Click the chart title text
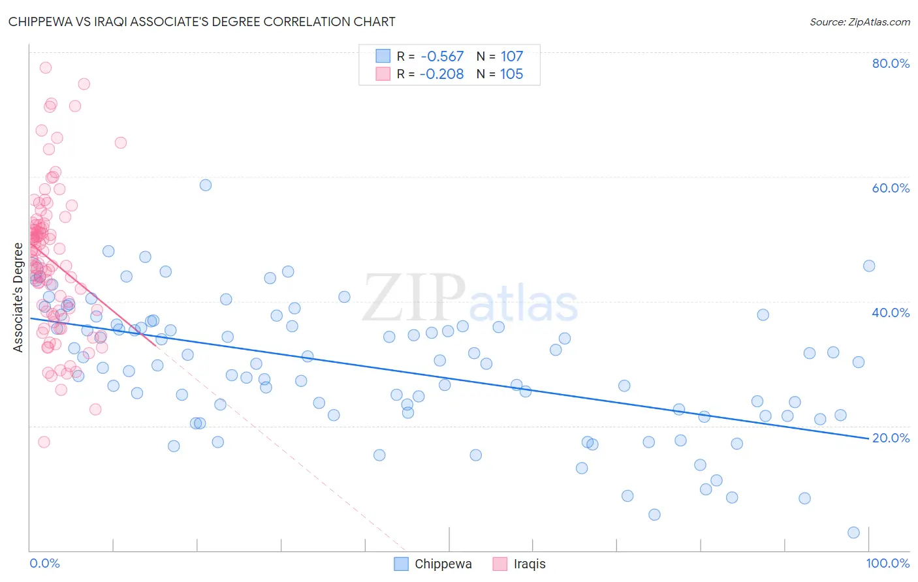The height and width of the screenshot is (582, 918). point(202,22)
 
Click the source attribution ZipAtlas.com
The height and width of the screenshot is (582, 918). point(859,22)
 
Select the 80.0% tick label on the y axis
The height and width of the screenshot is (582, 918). point(891,63)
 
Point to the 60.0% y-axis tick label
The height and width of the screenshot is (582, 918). point(891,188)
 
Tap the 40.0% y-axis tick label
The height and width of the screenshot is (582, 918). point(891,313)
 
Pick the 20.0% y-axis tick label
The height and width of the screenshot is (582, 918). point(891,438)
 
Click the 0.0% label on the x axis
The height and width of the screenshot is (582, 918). point(44,563)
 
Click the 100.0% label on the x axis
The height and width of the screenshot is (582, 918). point(887,563)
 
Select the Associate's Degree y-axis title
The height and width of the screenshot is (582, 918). point(18,298)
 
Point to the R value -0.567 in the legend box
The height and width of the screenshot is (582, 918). point(442,57)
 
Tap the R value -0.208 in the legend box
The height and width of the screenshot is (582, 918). point(442,74)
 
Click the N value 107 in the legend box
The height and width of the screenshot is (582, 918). point(512,57)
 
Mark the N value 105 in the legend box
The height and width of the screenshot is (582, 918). point(512,74)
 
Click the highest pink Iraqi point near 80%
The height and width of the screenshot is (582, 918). point(45,68)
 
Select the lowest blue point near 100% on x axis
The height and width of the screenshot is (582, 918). point(853,532)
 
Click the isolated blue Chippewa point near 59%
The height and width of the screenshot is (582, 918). point(206,185)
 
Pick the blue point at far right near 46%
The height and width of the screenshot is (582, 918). point(869,266)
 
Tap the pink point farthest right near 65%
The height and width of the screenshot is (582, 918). point(121,143)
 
